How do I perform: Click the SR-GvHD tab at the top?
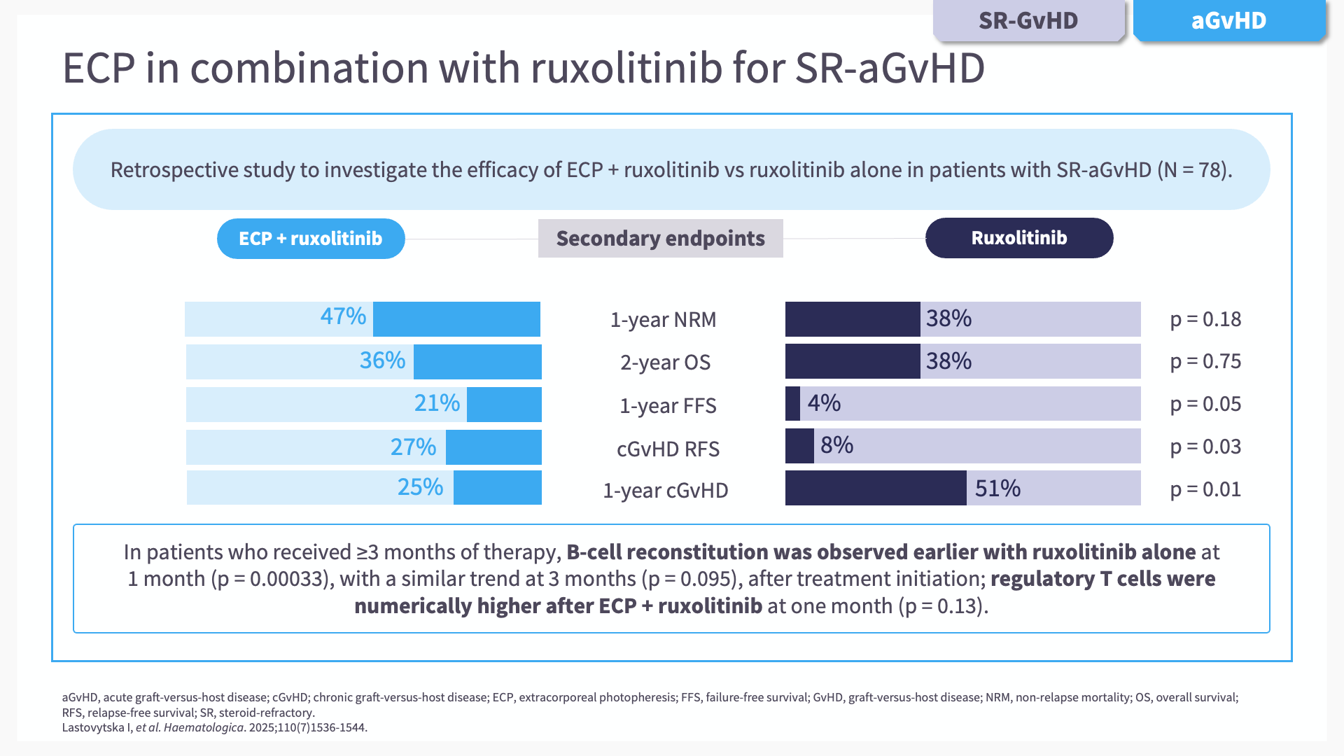[x=1028, y=21]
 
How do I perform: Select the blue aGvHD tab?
[x=1228, y=21]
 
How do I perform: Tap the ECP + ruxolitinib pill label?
[x=310, y=239]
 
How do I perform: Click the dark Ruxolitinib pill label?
[x=1018, y=238]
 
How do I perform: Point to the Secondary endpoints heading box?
[x=660, y=239]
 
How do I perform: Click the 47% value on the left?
[x=343, y=316]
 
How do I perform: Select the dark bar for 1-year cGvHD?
[x=875, y=488]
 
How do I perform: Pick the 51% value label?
[x=997, y=489]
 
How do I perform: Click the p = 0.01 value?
[x=1205, y=489]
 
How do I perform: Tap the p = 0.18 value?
[x=1205, y=319]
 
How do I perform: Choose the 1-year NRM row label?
[x=663, y=320]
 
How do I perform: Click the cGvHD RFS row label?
[x=668, y=449]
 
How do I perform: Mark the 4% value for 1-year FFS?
[x=824, y=403]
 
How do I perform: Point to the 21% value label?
[x=437, y=403]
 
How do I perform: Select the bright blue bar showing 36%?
[x=477, y=362]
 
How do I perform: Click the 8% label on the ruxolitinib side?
[x=836, y=445]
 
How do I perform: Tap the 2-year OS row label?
[x=665, y=363]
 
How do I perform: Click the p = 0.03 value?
[x=1205, y=447]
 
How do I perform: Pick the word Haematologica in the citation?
[x=204, y=727]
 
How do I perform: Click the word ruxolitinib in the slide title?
[x=626, y=68]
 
